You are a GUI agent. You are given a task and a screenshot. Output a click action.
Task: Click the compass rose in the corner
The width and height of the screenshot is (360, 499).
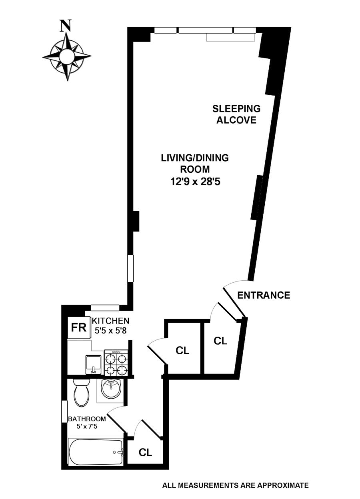(x=66, y=57)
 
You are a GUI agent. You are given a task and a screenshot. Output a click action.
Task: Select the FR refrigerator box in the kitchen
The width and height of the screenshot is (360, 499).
(x=79, y=328)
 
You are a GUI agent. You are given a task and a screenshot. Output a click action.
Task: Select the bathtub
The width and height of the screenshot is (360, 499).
(x=96, y=452)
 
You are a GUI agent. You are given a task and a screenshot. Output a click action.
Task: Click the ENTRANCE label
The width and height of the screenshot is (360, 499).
(x=264, y=295)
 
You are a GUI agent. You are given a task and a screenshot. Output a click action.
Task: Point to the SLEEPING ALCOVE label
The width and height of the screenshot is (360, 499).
(x=236, y=114)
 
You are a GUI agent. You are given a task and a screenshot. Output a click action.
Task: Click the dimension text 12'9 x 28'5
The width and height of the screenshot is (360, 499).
(x=195, y=182)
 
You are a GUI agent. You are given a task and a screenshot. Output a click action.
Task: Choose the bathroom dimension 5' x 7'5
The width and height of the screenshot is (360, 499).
(x=87, y=426)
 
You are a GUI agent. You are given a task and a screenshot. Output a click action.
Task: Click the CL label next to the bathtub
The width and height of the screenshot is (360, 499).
(x=145, y=452)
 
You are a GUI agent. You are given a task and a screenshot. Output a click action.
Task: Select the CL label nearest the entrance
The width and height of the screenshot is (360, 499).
(x=220, y=341)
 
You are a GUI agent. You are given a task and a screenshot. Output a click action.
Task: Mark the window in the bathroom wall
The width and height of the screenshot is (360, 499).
(x=63, y=411)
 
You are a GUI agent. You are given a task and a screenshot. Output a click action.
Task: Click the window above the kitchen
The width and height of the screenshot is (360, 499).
(x=105, y=307)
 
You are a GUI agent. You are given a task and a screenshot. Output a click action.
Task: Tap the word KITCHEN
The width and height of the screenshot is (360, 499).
(x=111, y=321)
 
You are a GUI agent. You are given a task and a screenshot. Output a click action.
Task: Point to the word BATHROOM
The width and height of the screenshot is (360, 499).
(x=87, y=419)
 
